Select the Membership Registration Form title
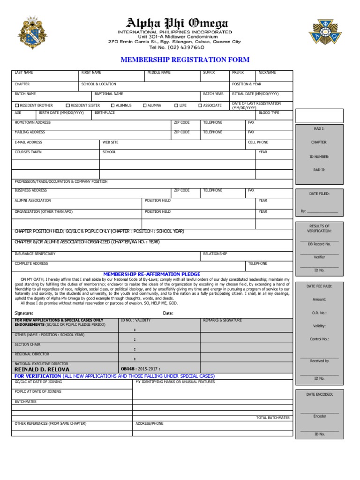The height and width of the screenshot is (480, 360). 185,60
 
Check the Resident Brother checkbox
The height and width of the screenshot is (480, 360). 17,105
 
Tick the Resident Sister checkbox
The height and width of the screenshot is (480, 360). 68,105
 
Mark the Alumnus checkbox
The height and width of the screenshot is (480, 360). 113,105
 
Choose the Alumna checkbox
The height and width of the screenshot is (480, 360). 145,105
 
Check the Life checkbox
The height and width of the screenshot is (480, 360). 177,105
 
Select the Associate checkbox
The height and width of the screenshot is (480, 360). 200,105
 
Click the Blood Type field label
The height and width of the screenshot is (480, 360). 269,113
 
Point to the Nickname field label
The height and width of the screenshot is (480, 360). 267,73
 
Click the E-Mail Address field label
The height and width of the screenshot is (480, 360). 29,142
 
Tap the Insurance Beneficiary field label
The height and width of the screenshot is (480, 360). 35,254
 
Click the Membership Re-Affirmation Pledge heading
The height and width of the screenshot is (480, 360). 152,274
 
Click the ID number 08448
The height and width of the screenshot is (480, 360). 127,369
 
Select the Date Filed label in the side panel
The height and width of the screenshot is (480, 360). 319,193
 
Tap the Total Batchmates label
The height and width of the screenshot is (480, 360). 273,418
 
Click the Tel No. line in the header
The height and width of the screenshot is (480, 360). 177,47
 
